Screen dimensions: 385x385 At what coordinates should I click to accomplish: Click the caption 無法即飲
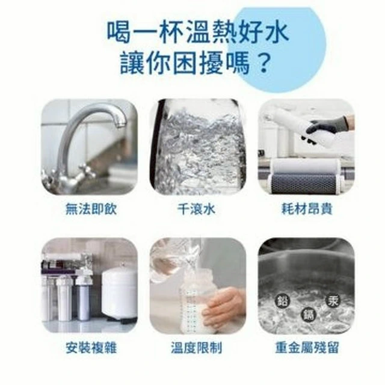[91, 209]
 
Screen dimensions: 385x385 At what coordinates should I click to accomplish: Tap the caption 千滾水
[197, 209]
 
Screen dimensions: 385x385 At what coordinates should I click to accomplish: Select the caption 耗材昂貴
[306, 209]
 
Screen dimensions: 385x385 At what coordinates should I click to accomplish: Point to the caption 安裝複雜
[91, 348]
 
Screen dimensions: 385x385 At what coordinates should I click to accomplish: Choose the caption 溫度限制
[197, 348]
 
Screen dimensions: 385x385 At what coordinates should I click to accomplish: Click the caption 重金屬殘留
[307, 348]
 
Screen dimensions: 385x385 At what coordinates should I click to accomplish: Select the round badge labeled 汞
[333, 301]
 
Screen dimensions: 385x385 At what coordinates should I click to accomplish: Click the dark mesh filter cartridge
[304, 181]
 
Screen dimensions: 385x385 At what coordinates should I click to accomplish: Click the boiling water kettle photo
[198, 147]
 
